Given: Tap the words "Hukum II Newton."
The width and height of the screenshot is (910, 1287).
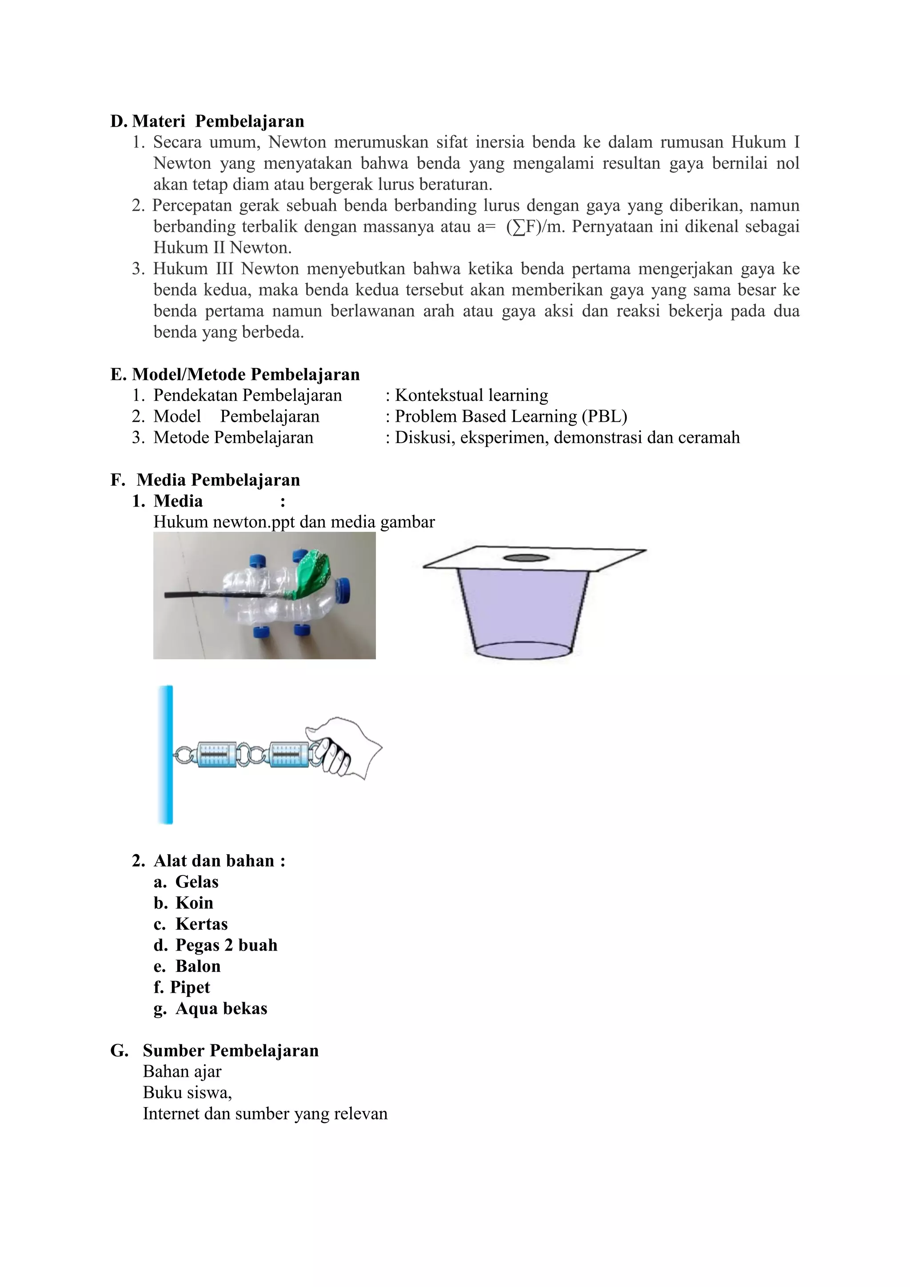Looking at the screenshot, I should click(x=223, y=248).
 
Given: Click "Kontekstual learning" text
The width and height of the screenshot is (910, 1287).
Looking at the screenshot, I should click(x=471, y=395).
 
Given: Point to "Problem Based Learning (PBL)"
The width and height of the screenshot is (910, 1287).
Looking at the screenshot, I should click(x=511, y=416).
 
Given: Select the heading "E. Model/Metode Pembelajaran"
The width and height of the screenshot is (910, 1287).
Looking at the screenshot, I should click(x=235, y=375).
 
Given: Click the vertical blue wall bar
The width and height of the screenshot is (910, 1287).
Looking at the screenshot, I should click(x=165, y=754).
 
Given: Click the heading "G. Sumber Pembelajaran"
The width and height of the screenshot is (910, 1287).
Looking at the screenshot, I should click(x=215, y=1051).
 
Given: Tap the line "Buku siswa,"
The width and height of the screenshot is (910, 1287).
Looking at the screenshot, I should click(x=187, y=1092).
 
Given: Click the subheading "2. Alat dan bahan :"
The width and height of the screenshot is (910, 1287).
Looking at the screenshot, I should click(x=209, y=860).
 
